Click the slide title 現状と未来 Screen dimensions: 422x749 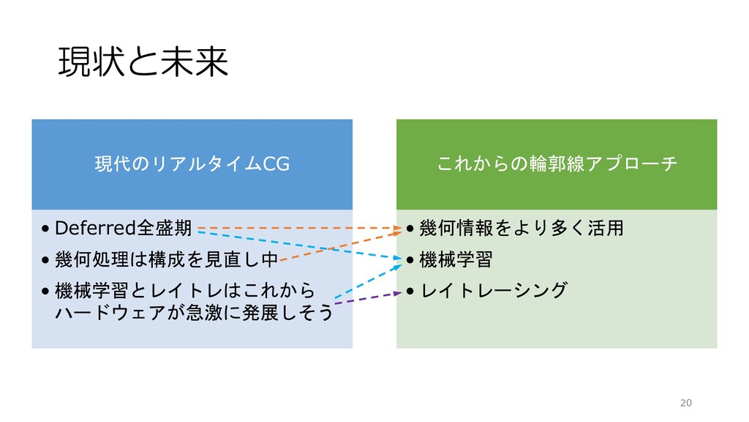pyautogui.click(x=143, y=63)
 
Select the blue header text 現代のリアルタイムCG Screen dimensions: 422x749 pyautogui.click(x=192, y=165)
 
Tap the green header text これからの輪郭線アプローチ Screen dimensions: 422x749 pyautogui.click(x=557, y=165)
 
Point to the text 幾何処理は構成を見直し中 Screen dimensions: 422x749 pyautogui.click(x=167, y=259)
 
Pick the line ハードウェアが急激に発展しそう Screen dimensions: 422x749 pyautogui.click(x=195, y=313)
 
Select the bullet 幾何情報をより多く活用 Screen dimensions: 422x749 pyautogui.click(x=523, y=228)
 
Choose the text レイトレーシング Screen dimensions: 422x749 pyautogui.click(x=494, y=291)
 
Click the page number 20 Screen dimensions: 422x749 pyautogui.click(x=685, y=403)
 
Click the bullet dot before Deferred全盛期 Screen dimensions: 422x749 pyautogui.click(x=46, y=229)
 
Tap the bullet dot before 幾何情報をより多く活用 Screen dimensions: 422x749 pyautogui.click(x=410, y=229)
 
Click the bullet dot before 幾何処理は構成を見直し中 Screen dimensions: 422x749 pyautogui.click(x=46, y=260)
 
